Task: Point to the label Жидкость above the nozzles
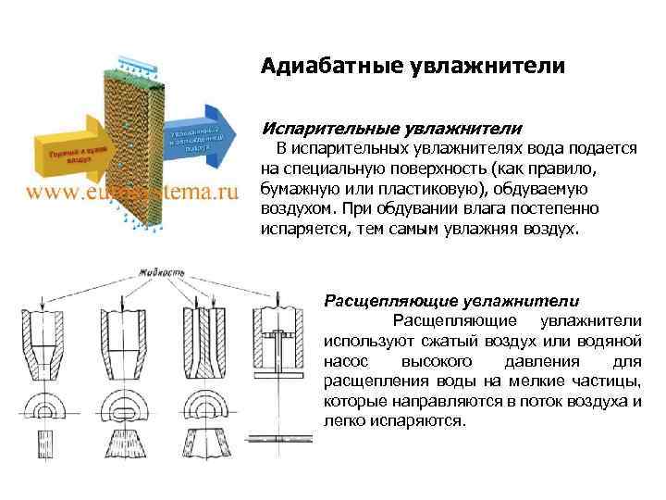pyautogui.click(x=154, y=273)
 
